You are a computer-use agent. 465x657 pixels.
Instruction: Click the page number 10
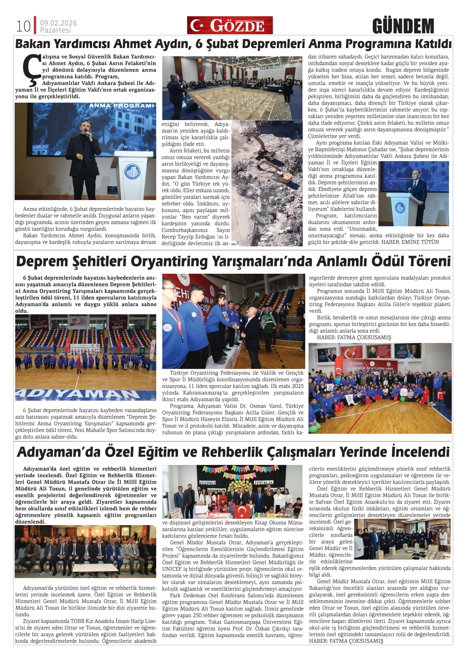23,27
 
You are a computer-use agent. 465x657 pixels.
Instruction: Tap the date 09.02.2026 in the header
58,23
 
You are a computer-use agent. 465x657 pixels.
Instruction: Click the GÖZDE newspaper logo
230,25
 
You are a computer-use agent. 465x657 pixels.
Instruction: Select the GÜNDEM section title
403,26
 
